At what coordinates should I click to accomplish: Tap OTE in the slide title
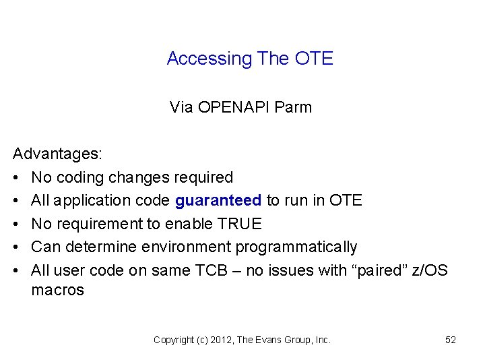pos(314,59)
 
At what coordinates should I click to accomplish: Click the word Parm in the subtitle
pos(295,107)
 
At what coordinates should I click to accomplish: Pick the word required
pos(203,177)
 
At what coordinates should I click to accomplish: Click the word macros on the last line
pos(58,291)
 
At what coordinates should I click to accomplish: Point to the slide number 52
pos(451,340)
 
